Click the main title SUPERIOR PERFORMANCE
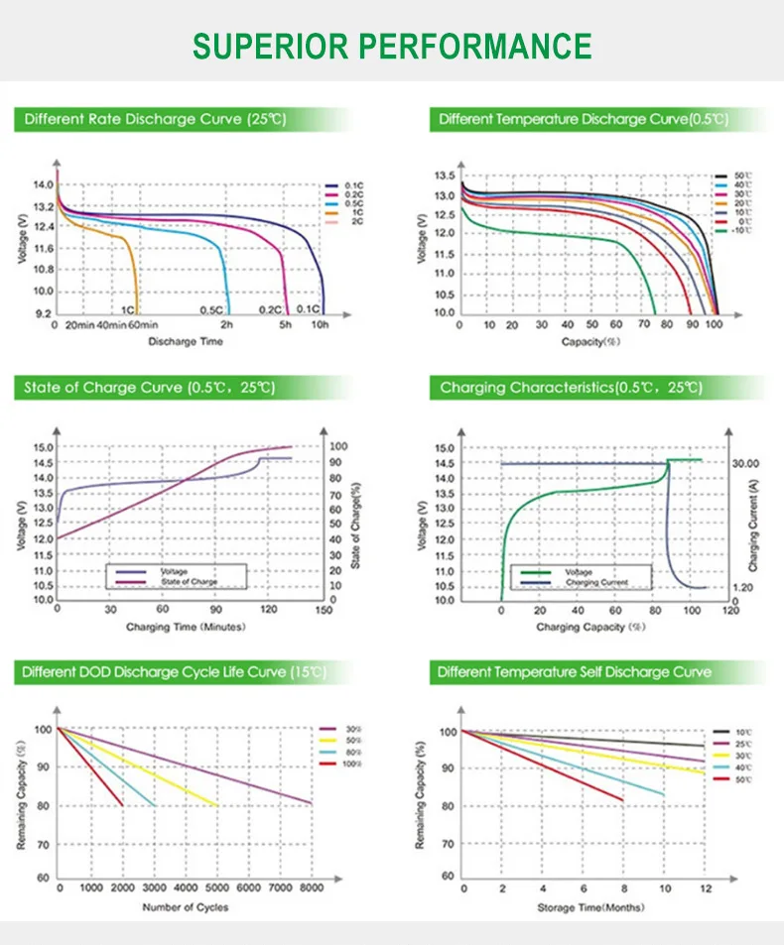point(392,46)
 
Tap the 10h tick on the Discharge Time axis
point(320,325)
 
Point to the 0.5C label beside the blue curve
point(210,310)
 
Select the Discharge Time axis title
point(186,342)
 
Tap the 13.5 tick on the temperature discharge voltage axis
point(444,176)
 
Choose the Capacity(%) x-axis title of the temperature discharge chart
point(589,342)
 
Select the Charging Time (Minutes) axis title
point(186,628)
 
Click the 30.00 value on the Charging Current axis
point(746,463)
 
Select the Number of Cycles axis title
point(186,907)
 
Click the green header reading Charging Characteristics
point(571,388)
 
